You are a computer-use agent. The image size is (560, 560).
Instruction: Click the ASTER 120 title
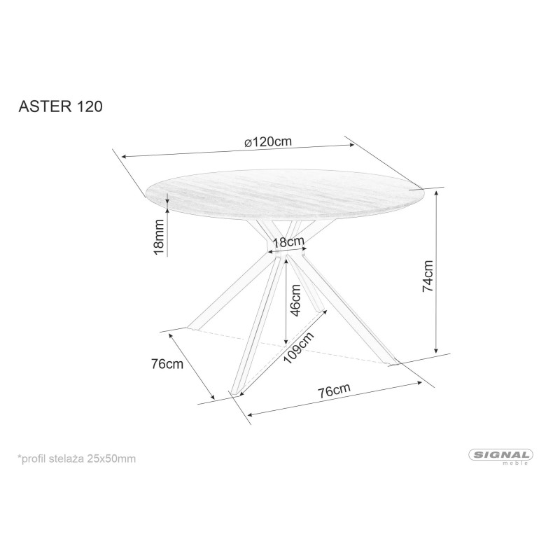pyautogui.click(x=60, y=106)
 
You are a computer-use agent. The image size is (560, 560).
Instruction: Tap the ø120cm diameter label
pyautogui.click(x=268, y=142)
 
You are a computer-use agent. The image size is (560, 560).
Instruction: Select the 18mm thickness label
pyautogui.click(x=158, y=237)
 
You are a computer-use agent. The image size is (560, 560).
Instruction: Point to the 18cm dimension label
pyautogui.click(x=288, y=242)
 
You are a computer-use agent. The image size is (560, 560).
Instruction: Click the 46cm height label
pyautogui.click(x=296, y=300)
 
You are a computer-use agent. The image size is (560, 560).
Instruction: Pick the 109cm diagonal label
pyautogui.click(x=299, y=347)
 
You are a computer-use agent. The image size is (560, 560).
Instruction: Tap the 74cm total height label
pyautogui.click(x=428, y=276)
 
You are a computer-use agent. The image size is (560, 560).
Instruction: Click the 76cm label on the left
pyautogui.click(x=167, y=364)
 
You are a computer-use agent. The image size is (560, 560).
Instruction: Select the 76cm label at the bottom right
pyautogui.click(x=335, y=390)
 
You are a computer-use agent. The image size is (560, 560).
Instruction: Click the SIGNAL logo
pyautogui.click(x=500, y=455)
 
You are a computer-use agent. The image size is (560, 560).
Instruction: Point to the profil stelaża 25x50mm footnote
pyautogui.click(x=77, y=458)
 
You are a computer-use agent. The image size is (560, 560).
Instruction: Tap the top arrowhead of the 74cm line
pyautogui.click(x=436, y=193)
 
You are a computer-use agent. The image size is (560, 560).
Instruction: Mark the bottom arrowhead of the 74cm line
pyautogui.click(x=436, y=351)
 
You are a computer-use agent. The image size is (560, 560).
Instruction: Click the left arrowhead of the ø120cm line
pyautogui.click(x=125, y=156)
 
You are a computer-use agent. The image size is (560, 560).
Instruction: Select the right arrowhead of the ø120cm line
pyautogui.click(x=352, y=145)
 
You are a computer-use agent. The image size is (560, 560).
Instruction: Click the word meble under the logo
pyautogui.click(x=515, y=463)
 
